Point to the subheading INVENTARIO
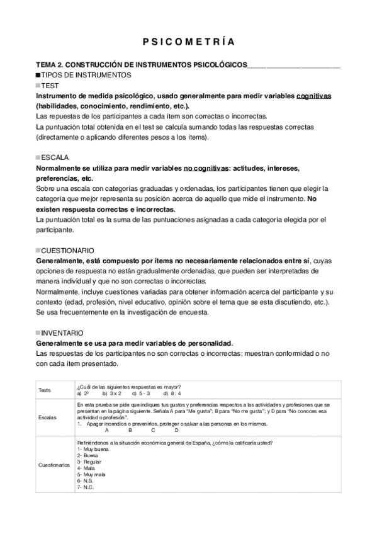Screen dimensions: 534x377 coord(62,332)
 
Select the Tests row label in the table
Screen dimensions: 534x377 coord(45,390)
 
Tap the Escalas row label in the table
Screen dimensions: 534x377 coord(47,418)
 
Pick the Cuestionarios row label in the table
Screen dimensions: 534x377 coord(53,465)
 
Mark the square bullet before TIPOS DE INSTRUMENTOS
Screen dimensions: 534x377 coord(38,75)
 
